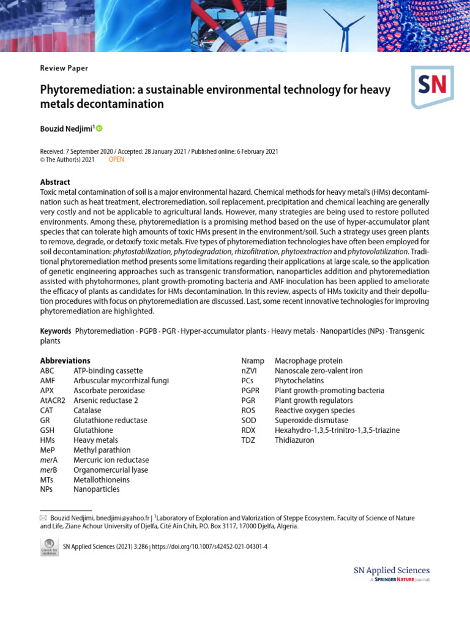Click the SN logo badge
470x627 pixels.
[432, 86]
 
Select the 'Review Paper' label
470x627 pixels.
[64, 68]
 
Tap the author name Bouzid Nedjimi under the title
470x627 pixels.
[65, 128]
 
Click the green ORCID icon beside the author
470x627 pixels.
[99, 128]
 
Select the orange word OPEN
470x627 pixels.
[116, 159]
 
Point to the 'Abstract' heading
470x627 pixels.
[55, 182]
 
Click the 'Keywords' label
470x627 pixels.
[56, 331]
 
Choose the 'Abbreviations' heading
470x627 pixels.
[65, 361]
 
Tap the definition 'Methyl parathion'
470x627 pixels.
[102, 450]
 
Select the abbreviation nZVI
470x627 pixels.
[251, 370]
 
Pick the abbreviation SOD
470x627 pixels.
[249, 421]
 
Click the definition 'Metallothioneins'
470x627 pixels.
[102, 480]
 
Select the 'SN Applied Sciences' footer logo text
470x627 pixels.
[392, 570]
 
